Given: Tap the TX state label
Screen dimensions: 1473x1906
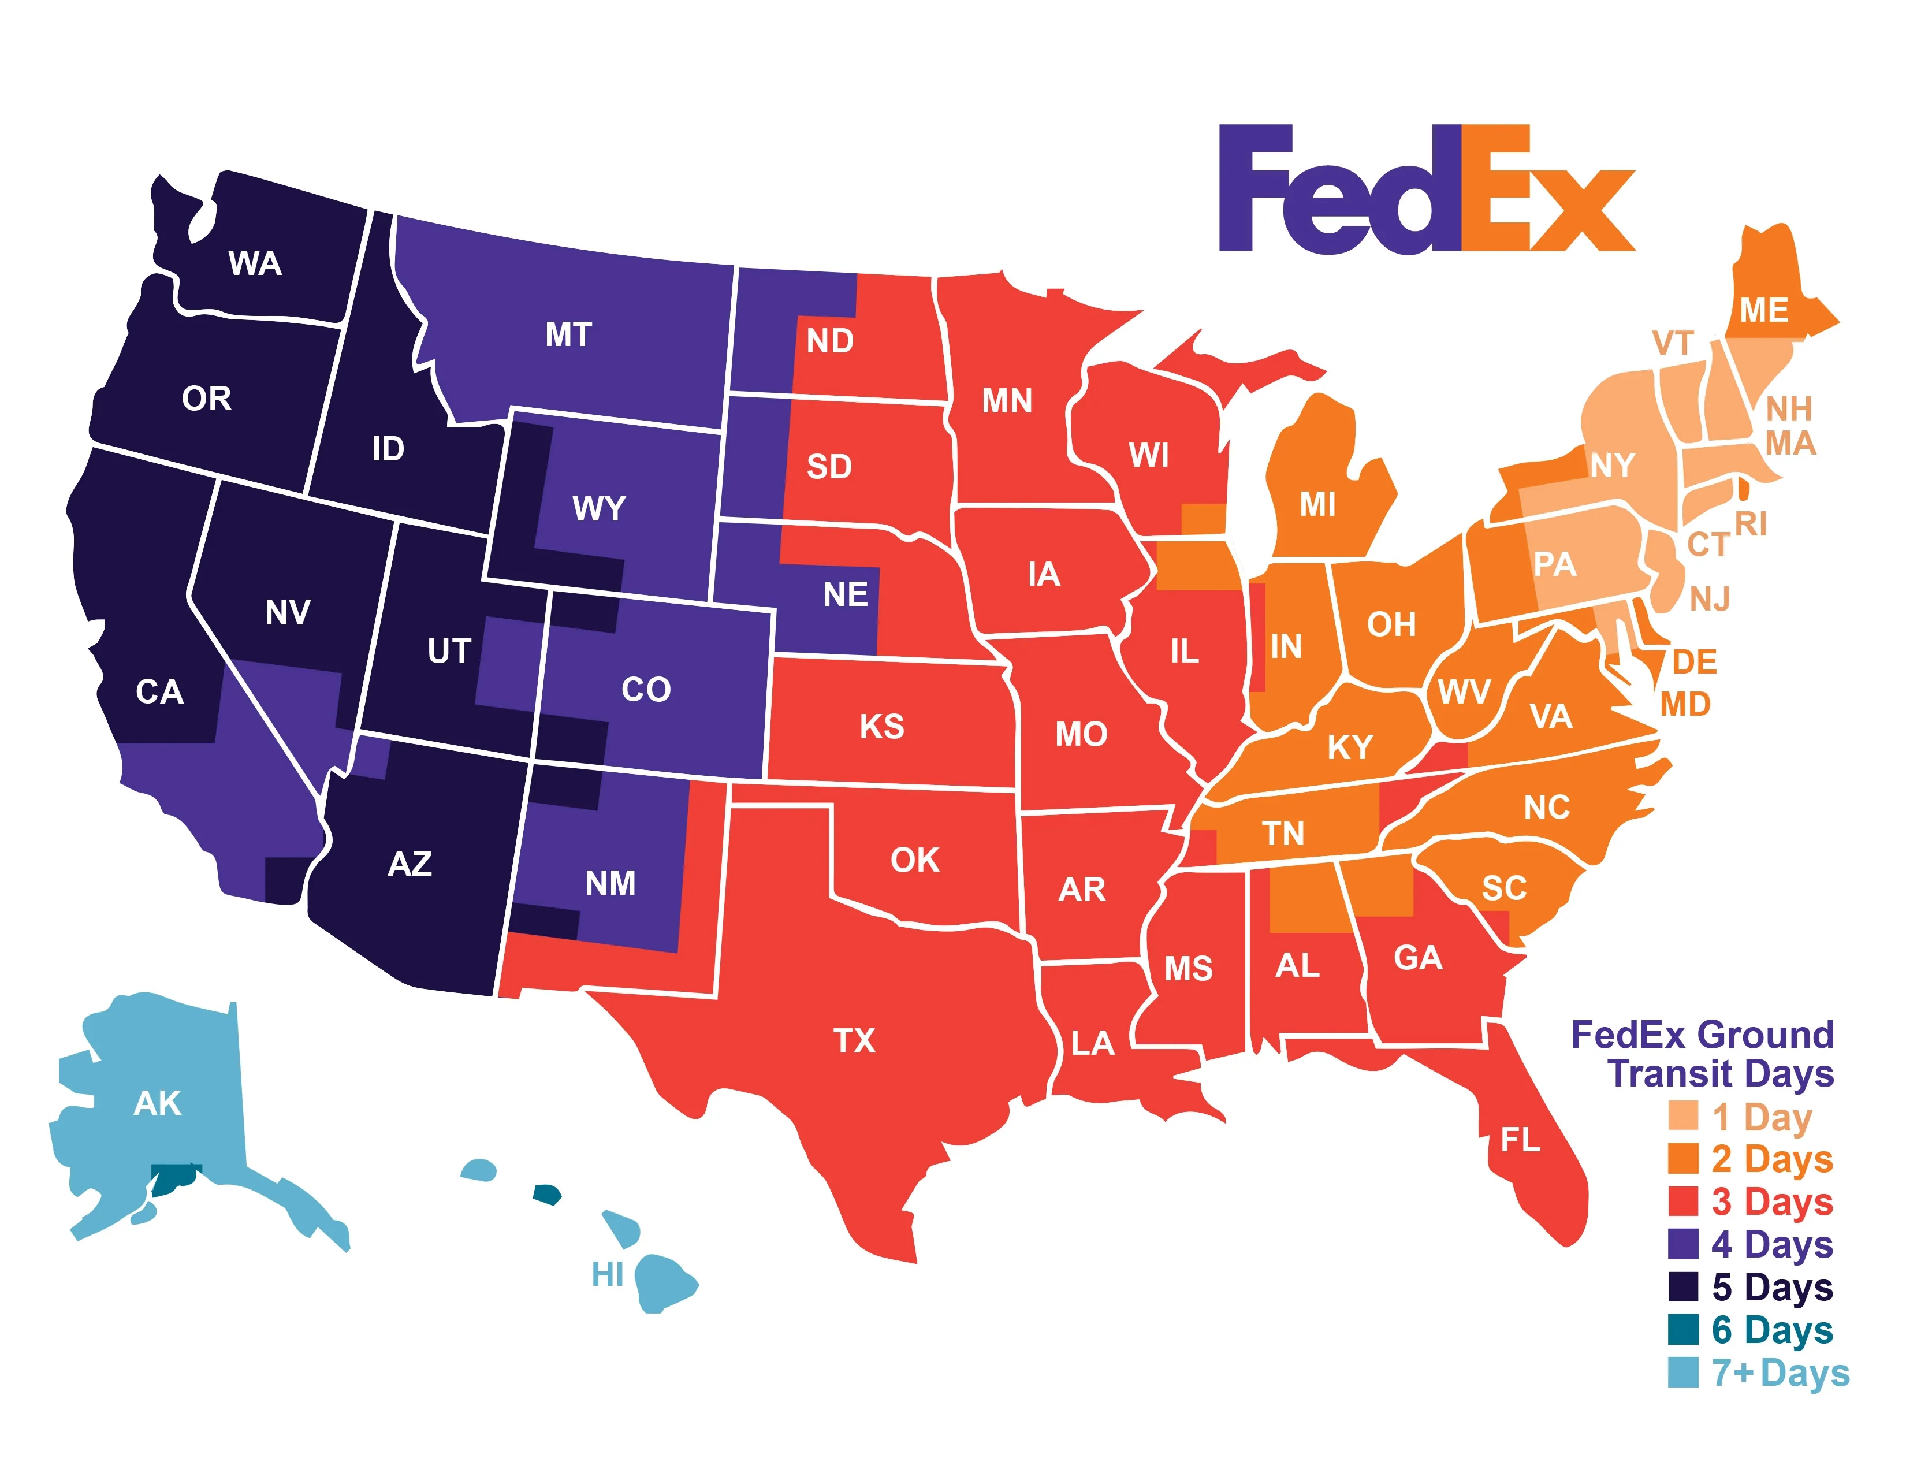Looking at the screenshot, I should coord(854,1041).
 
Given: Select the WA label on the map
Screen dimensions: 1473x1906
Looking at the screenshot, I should coord(255,263).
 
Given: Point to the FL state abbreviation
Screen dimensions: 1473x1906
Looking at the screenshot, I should coord(1520,1140).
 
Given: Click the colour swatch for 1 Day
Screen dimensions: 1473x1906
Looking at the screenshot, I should coord(1682,1116).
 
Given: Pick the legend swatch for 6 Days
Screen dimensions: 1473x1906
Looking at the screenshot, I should coord(1682,1330).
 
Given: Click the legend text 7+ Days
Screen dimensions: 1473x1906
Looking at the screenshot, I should coord(1780,1372).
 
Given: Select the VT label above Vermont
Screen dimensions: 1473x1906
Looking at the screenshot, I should coord(1672,343).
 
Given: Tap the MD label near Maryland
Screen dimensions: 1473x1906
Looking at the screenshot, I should coord(1684,704).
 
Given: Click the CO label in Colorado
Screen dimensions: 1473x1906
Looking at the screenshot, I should coord(646,689).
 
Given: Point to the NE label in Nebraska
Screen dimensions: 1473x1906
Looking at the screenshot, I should coord(845,594).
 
